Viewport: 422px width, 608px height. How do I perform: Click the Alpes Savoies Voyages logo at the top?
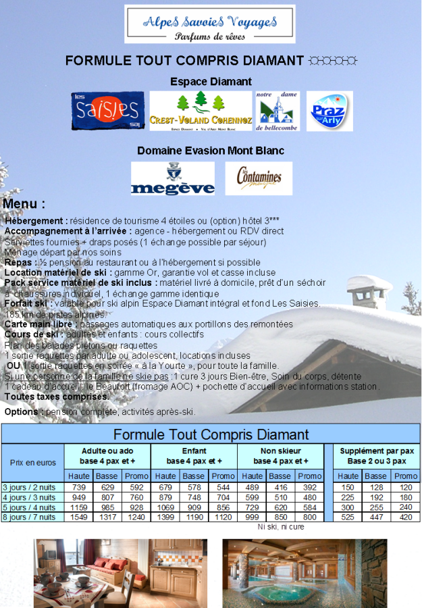tap(209, 24)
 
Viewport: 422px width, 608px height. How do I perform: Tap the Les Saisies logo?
tap(107, 111)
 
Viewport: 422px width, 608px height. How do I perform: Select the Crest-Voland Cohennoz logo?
tap(201, 111)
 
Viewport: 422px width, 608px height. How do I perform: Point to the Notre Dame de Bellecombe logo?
tap(278, 111)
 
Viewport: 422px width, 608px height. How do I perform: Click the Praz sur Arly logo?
tap(329, 111)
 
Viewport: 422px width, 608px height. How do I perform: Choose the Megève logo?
tap(173, 179)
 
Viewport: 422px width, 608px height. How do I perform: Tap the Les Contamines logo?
tap(259, 179)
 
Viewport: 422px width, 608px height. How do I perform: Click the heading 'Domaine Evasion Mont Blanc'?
tap(211, 151)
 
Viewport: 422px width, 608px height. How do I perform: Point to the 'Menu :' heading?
tap(24, 203)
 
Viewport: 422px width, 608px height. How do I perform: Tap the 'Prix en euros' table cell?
tap(33, 463)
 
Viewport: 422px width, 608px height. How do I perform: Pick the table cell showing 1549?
tap(79, 517)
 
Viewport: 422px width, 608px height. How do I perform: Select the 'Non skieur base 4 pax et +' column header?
tap(280, 455)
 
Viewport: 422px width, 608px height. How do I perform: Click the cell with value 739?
tap(79, 487)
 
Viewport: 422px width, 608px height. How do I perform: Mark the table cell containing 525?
tap(347, 517)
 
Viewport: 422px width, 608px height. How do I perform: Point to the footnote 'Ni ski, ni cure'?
tap(280, 527)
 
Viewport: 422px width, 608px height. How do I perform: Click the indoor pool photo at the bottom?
tap(305, 573)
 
